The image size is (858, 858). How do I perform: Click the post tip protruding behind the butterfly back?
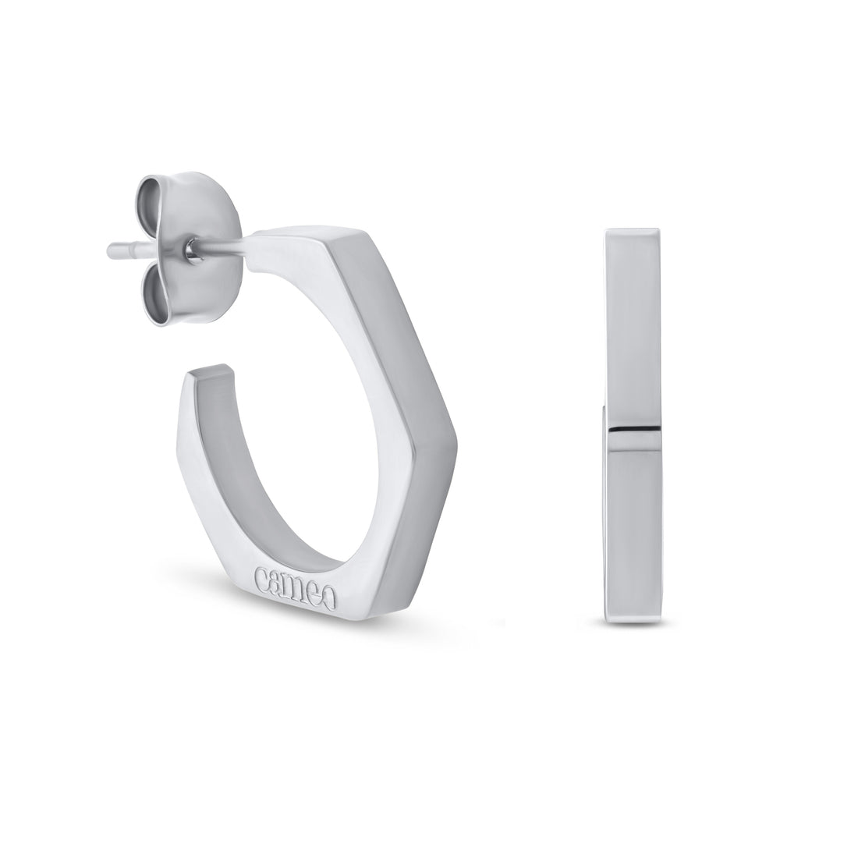118,253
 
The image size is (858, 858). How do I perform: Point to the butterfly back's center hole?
190,249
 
